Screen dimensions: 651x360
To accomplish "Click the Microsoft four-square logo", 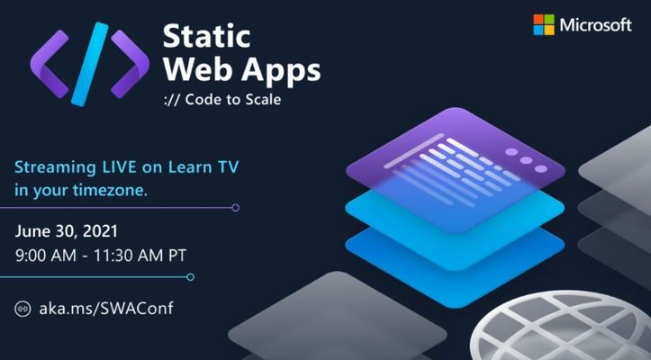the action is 544,24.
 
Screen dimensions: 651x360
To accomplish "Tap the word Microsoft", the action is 595,25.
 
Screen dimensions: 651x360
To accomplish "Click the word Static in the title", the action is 207,36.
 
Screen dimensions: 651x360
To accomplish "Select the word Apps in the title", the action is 281,70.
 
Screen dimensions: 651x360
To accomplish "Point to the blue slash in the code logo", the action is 90,65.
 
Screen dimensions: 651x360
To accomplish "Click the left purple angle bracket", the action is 50,64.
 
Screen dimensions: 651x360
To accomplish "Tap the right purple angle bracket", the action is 130,64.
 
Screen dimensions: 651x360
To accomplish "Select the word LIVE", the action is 119,167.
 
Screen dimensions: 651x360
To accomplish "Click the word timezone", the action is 110,190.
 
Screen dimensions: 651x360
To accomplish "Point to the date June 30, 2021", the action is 67,231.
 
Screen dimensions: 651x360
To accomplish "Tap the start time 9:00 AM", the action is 46,256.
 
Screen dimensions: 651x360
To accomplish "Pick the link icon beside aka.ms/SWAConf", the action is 23,309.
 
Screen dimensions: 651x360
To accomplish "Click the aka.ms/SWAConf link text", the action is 106,309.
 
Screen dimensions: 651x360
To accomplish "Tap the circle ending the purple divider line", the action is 235,208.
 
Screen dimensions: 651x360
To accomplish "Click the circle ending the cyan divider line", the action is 191,277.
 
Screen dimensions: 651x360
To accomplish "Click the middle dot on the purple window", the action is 526,160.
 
